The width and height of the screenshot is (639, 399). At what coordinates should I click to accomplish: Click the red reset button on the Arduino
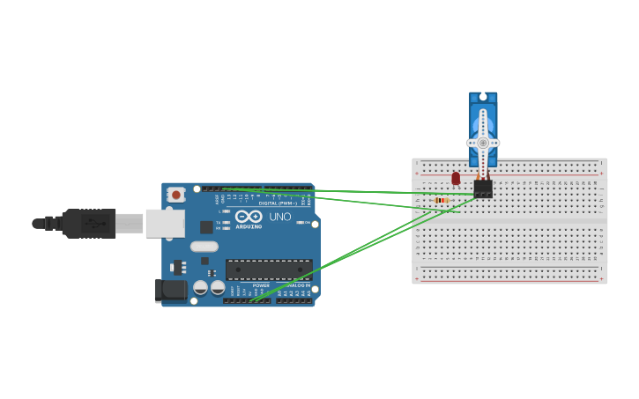176,195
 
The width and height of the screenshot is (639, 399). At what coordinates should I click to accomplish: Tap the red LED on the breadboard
456,179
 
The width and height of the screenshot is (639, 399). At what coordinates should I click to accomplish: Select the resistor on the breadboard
442,201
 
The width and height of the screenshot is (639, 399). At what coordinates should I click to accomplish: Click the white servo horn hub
483,143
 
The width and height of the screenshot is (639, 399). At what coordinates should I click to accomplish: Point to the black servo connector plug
483,188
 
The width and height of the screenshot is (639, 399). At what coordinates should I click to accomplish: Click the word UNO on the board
279,217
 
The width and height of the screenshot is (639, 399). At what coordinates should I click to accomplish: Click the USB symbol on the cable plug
93,224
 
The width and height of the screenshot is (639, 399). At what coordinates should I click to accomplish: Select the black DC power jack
171,290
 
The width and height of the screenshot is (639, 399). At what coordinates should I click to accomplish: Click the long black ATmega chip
269,270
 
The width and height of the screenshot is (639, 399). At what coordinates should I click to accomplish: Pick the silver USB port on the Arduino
165,224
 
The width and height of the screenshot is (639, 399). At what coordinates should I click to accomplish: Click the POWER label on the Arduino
261,285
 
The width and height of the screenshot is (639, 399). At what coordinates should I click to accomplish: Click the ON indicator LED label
307,223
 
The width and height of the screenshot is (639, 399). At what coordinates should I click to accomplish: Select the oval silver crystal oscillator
204,247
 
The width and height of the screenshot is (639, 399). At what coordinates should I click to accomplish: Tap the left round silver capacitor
201,287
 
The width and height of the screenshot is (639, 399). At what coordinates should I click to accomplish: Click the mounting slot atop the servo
483,96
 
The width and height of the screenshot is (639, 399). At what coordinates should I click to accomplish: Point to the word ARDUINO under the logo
249,226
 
